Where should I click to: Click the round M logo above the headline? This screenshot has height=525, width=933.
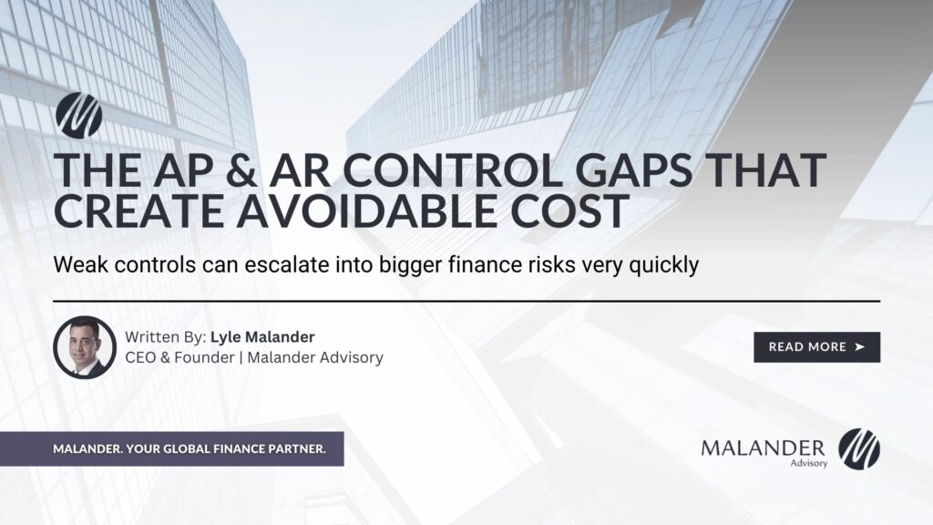[x=78, y=115]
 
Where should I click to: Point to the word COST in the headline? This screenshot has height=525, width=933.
[x=561, y=211]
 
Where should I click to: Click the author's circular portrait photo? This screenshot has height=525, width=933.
[x=85, y=347]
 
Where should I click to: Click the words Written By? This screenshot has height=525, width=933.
[x=165, y=337]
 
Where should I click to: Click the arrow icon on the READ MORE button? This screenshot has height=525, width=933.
[x=858, y=347]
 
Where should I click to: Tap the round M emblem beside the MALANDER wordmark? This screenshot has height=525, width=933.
[x=858, y=448]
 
